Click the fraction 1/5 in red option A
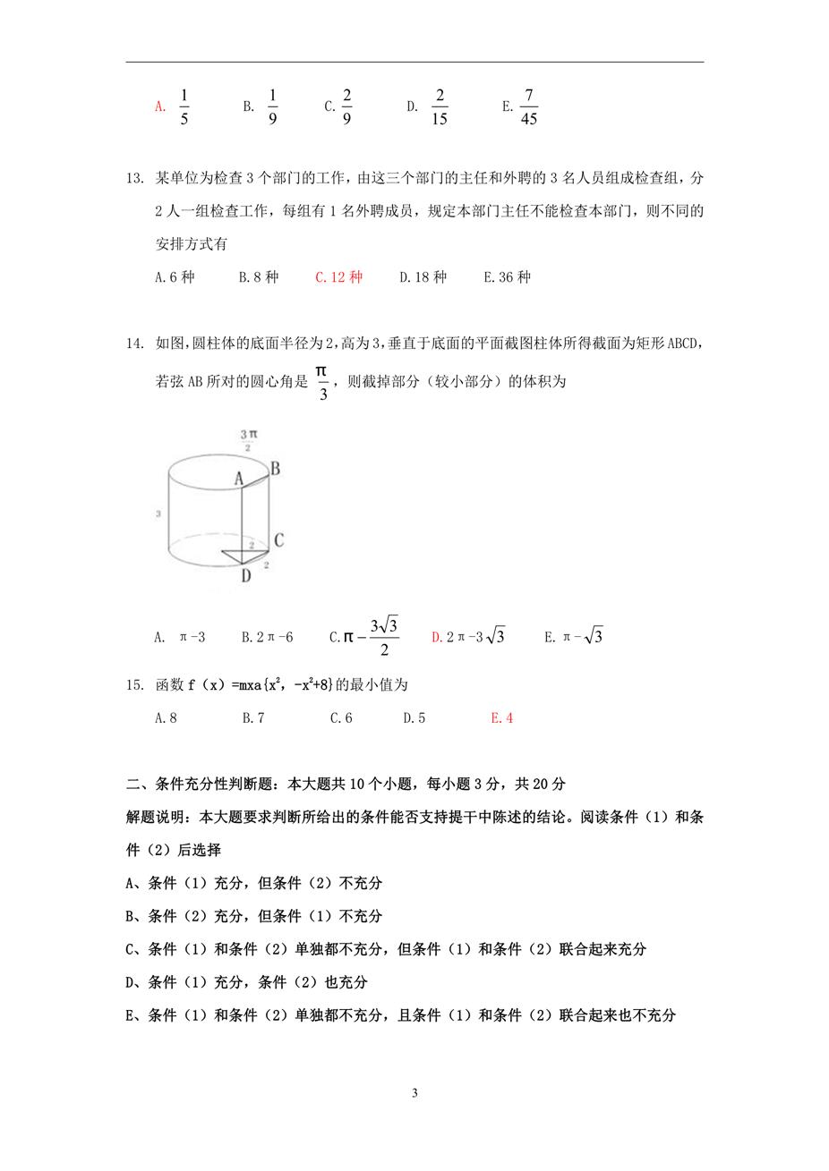(184, 107)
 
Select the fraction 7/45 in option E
(528, 107)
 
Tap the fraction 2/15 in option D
(439, 107)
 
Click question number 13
(135, 179)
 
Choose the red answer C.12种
(338, 277)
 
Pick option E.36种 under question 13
(507, 277)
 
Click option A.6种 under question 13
(174, 277)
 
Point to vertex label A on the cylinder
(239, 479)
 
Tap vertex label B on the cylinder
(275, 468)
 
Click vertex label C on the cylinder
(278, 540)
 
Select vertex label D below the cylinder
(245, 576)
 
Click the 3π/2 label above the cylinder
(248, 439)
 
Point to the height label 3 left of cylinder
(158, 514)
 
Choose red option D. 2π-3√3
(468, 637)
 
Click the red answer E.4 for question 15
(501, 717)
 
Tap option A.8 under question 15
(166, 717)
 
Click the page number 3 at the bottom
(414, 1093)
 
